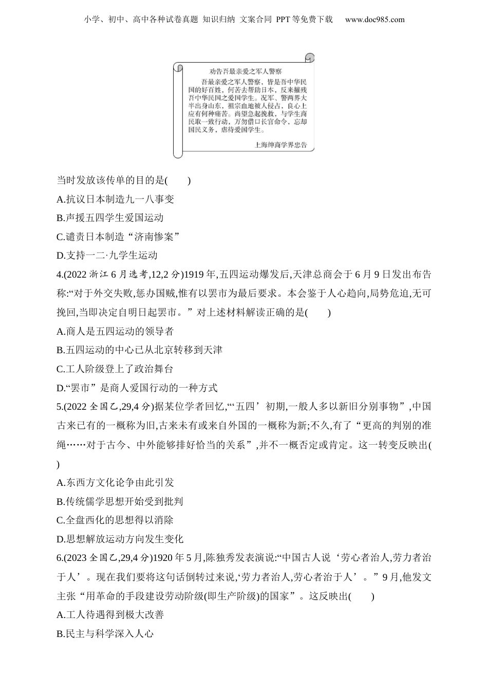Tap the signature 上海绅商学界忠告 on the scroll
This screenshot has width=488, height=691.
[280, 145]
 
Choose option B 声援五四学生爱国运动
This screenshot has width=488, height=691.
[110, 218]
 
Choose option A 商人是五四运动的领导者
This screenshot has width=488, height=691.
[115, 331]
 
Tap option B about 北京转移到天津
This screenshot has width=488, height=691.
[139, 350]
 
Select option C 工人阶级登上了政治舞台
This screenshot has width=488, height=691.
[115, 369]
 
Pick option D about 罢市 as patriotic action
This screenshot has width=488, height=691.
[137, 388]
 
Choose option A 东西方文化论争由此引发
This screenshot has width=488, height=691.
[115, 482]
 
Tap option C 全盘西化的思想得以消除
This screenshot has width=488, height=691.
[115, 520]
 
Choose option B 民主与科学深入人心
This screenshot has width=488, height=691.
[105, 634]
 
